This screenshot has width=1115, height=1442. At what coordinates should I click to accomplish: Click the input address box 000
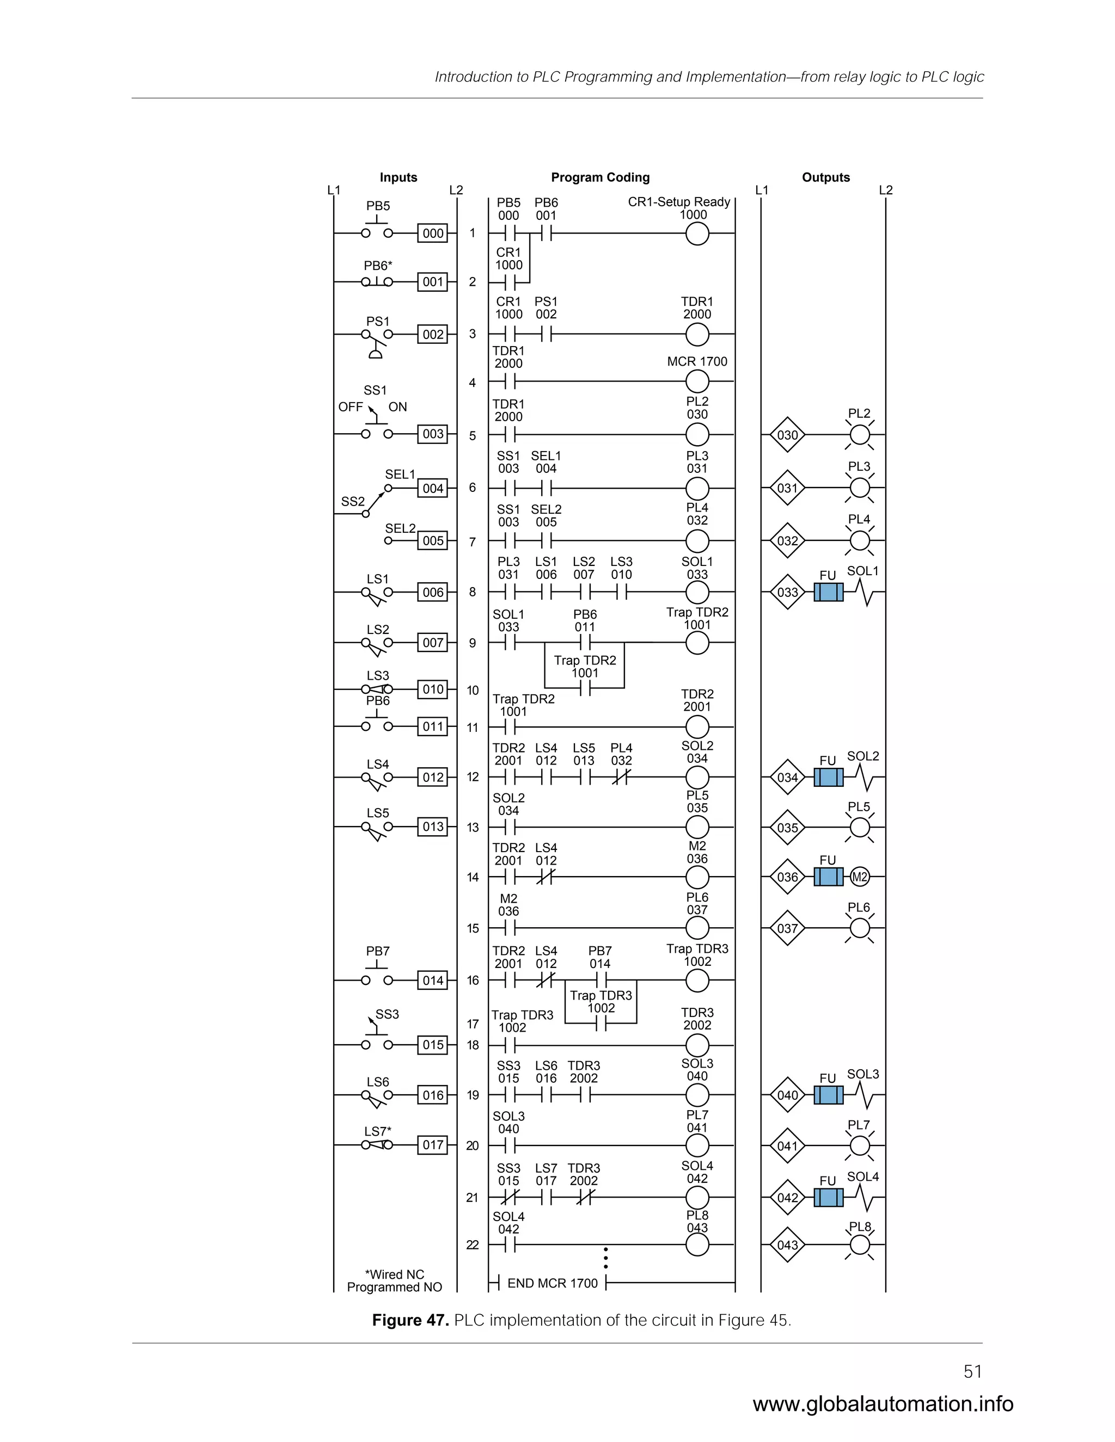point(433,233)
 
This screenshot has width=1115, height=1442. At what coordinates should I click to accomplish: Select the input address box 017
point(433,1145)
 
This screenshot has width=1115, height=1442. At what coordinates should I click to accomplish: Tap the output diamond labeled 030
point(787,435)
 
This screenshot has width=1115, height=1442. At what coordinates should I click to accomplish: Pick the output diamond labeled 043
point(787,1245)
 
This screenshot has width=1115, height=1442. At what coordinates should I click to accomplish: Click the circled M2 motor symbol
point(859,878)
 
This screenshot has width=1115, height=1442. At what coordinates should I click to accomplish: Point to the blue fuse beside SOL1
point(828,592)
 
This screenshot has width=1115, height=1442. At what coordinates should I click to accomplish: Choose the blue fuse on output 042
point(828,1198)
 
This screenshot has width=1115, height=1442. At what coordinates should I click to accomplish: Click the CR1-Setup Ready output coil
point(697,234)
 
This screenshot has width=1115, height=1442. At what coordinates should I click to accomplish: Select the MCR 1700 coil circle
point(697,381)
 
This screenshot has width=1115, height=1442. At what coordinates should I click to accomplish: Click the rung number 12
point(472,777)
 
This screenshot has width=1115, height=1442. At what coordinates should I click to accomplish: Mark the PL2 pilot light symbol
point(859,435)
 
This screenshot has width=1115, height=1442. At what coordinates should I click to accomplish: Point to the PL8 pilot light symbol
point(859,1245)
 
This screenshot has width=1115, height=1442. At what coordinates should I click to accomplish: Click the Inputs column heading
point(399,177)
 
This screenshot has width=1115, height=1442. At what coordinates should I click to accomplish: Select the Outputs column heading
point(826,177)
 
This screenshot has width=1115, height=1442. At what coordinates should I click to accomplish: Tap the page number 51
point(972,1372)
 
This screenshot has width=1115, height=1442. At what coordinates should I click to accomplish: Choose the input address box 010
point(433,689)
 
